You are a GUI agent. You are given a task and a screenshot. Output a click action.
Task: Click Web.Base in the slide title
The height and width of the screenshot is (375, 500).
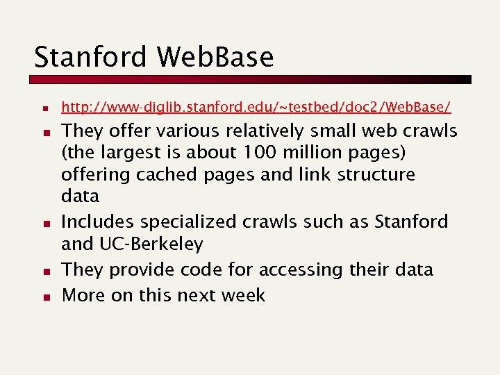coord(216,57)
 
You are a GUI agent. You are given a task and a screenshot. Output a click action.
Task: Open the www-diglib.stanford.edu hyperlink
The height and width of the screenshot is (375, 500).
coord(256,107)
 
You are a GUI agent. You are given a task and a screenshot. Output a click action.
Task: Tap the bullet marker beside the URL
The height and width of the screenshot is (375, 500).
coord(44,110)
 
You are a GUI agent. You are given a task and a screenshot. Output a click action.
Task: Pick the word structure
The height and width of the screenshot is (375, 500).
coord(376,174)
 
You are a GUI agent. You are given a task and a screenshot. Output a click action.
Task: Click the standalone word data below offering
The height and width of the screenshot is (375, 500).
coord(81,197)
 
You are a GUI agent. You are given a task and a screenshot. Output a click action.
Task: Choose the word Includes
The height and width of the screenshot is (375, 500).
coord(99,222)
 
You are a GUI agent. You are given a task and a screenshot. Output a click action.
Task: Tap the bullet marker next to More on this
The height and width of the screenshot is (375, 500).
coord(44,297)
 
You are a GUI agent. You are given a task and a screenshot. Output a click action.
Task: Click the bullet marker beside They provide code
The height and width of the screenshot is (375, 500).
coord(44,272)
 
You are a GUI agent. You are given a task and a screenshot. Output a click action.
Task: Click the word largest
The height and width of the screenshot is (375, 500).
coord(133,152)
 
